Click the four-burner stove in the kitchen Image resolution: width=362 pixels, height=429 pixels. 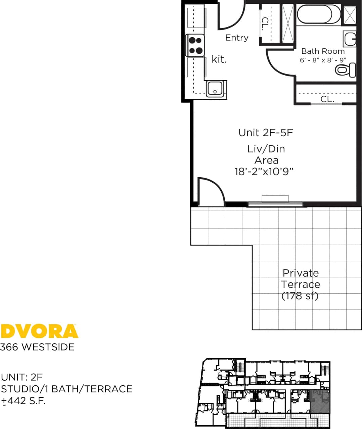pyautogui.click(x=195, y=46)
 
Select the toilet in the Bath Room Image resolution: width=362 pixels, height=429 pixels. pyautogui.click(x=345, y=70)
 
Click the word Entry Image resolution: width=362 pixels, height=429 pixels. pyautogui.click(x=237, y=38)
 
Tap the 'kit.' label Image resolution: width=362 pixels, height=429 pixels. pyautogui.click(x=219, y=59)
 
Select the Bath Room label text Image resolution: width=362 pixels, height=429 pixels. pyautogui.click(x=323, y=51)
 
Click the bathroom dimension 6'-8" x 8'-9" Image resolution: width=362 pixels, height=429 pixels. pyautogui.click(x=323, y=60)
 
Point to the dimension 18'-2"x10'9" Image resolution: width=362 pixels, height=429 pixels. pyautogui.click(x=264, y=172)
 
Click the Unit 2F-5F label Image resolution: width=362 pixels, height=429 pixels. pyautogui.click(x=266, y=133)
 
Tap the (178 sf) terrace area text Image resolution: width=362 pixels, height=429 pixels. pyautogui.click(x=300, y=296)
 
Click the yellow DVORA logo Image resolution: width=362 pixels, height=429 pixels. pyautogui.click(x=39, y=331)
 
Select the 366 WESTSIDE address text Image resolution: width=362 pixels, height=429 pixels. pyautogui.click(x=37, y=347)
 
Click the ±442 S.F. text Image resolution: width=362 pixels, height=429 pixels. pyautogui.click(x=23, y=401)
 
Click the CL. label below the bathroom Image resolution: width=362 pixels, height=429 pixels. pyautogui.click(x=327, y=99)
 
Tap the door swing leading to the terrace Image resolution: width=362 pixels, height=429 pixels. pyautogui.click(x=211, y=192)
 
